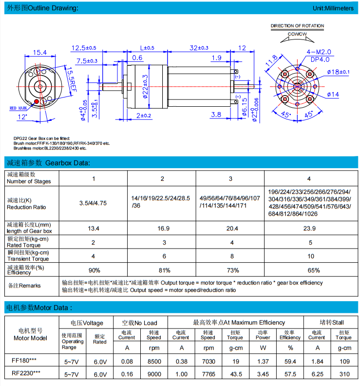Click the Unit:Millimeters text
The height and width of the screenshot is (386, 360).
[333, 8]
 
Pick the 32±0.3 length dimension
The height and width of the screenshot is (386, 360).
[199, 48]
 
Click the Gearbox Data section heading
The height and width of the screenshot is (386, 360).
[48, 163]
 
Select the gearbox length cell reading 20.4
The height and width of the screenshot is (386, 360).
[230, 228]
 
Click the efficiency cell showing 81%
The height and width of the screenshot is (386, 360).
[162, 270]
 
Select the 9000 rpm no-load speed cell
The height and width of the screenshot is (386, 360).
[154, 374]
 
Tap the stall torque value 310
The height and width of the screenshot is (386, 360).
[343, 374]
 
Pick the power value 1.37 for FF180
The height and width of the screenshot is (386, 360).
[263, 361]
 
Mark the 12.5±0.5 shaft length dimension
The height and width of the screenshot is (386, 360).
[84, 48]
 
